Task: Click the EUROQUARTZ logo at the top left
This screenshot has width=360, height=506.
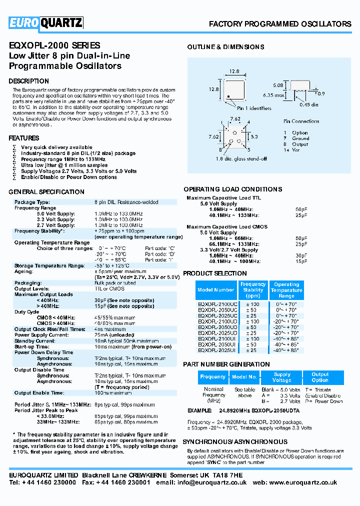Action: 46,22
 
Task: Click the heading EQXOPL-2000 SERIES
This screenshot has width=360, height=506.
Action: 54,45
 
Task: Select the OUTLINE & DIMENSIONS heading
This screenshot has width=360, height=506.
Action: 225,47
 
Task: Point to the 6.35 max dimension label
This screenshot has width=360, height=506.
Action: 275,94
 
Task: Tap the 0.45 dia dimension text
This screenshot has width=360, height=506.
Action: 308,104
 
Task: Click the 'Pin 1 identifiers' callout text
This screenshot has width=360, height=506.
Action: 254,108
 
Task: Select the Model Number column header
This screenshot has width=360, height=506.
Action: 215,290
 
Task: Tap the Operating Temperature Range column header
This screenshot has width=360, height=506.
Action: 286,290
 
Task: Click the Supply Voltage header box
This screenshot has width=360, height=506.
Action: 281,377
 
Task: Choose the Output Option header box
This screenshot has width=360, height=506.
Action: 320,377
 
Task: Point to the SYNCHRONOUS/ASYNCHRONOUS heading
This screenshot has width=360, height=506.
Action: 235,442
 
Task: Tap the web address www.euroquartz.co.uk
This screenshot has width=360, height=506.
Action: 306,483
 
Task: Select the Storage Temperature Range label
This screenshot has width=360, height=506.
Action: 49,266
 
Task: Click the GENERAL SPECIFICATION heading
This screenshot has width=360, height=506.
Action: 46,192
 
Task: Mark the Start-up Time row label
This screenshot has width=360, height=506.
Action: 31,346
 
